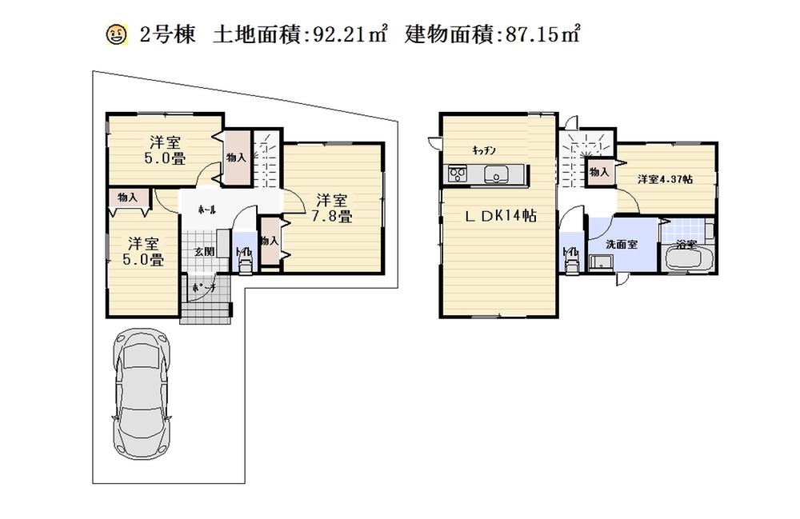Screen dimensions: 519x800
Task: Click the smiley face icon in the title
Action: (116, 35)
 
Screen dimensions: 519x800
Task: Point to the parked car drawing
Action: (143, 400)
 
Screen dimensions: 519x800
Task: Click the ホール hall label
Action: (207, 208)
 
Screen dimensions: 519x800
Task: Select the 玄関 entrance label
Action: (203, 251)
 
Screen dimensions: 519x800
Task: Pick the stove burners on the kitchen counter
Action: (458, 174)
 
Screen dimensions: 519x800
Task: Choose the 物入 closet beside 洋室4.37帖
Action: (599, 172)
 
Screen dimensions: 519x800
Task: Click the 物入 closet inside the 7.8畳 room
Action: (269, 240)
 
